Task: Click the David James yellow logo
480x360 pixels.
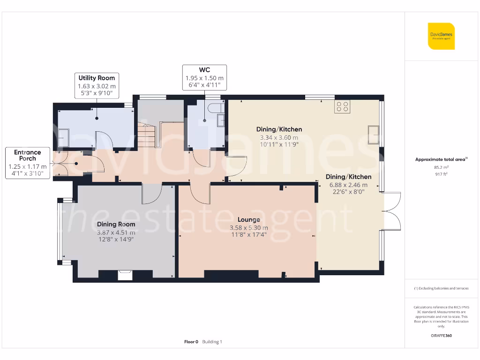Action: click(x=441, y=36)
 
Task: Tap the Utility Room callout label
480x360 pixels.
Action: click(x=97, y=86)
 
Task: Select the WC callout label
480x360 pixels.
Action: click(x=204, y=77)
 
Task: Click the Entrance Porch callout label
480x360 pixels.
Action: click(x=28, y=163)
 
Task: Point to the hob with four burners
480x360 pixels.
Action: click(x=342, y=106)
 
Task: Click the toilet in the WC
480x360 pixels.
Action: click(x=216, y=108)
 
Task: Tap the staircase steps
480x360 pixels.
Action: click(x=147, y=135)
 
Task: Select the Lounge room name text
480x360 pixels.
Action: click(x=249, y=219)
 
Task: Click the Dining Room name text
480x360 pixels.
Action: click(x=116, y=224)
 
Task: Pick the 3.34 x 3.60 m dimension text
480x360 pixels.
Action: click(x=279, y=137)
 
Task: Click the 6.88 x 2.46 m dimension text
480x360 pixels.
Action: click(x=348, y=185)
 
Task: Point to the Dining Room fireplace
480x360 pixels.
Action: click(x=125, y=275)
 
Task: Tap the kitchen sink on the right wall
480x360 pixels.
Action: click(x=374, y=135)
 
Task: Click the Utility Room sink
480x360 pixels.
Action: click(x=63, y=137)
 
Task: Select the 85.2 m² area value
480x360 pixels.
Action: click(x=441, y=167)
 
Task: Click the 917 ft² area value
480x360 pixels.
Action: click(x=441, y=174)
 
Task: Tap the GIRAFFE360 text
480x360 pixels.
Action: click(x=441, y=336)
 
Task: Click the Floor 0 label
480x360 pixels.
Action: click(x=191, y=342)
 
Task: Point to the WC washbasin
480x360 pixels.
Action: click(x=221, y=120)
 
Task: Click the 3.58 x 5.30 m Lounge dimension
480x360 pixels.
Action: click(x=249, y=228)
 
